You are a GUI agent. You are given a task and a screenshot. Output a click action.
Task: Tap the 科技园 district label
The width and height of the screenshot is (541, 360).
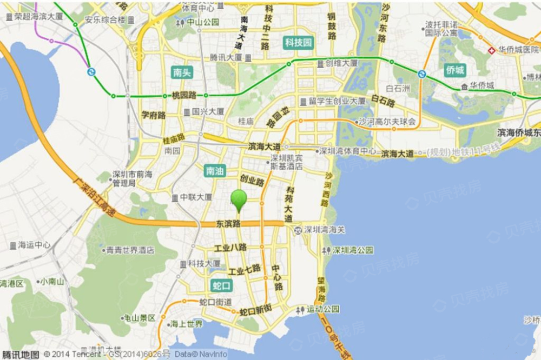tap(299, 43)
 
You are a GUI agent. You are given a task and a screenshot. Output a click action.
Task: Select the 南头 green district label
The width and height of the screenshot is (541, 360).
tap(182, 72)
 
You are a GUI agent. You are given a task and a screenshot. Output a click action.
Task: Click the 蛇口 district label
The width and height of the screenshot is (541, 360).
tap(222, 285)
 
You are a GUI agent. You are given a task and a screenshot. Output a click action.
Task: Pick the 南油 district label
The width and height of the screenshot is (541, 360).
tap(216, 171)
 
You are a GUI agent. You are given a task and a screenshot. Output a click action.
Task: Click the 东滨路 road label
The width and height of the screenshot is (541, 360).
tap(228, 223)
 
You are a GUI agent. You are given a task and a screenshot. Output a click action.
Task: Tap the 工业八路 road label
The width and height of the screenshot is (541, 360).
tap(230, 248)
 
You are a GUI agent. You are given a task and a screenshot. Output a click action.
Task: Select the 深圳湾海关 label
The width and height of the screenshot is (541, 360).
tap(324, 230)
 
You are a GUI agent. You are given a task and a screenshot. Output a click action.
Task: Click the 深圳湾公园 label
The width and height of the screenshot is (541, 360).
tap(353, 251)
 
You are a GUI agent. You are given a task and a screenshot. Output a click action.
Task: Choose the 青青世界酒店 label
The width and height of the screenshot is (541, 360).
tap(130, 250)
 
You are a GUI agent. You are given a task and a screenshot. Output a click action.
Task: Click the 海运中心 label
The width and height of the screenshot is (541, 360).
tap(34, 245)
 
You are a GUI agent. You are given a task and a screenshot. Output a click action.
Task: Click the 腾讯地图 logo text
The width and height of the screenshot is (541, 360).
tap(20, 355)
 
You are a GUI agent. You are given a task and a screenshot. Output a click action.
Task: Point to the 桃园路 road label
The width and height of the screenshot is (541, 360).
tap(184, 95)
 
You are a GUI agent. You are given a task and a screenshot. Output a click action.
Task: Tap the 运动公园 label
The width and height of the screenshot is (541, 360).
tap(322, 309)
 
